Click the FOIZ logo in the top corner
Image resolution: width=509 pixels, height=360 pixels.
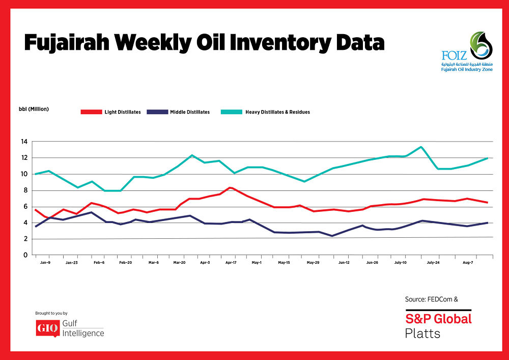coord(467,51)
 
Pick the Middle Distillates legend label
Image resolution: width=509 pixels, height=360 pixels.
coord(189,112)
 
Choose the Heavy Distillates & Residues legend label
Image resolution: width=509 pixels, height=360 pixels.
coord(277,112)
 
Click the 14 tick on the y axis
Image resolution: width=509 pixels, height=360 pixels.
coord(23,142)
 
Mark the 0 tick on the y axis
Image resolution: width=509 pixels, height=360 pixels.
coord(24,255)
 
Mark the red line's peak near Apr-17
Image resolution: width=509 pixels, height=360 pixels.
coord(231,187)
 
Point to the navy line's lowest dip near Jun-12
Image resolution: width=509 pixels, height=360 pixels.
coord(332,236)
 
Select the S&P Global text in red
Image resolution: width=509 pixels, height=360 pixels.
coord(438,319)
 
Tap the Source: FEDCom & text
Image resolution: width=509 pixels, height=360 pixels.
coord(431,299)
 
